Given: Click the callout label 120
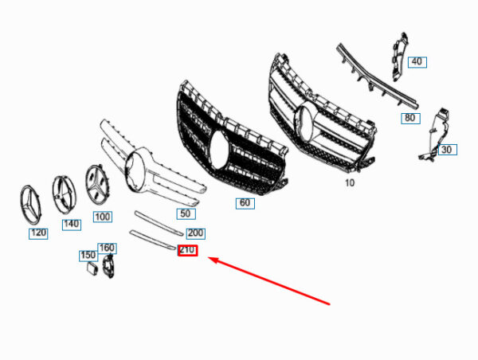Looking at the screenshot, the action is coord(37,233).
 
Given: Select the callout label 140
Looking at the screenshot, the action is coord(71,225).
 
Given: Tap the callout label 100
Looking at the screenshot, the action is coord(102,217).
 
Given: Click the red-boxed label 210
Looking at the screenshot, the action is coord(188,251).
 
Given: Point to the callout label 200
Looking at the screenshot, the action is coord(195,233).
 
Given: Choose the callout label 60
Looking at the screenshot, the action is coord(245,203).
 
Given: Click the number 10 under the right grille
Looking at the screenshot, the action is coord(349,182).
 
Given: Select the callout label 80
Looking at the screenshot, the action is coord(409,118).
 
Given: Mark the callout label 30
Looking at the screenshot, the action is coord(446,150).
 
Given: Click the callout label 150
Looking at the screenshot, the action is coord(88,256).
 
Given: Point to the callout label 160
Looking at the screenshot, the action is coord(107,248).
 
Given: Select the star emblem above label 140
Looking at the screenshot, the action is coord(68,193).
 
